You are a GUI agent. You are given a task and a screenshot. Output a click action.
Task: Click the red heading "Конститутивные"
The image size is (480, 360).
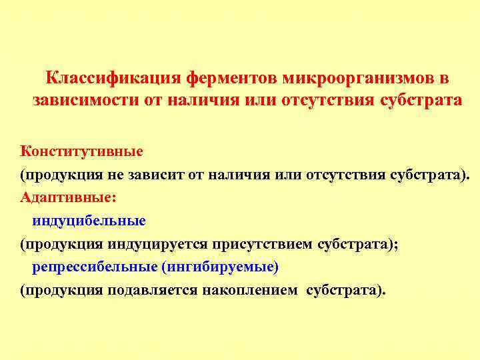(x=81, y=151)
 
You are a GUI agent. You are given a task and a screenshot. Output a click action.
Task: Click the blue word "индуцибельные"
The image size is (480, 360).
(x=89, y=220)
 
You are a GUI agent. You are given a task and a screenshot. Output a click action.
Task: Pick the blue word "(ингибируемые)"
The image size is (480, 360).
(x=219, y=267)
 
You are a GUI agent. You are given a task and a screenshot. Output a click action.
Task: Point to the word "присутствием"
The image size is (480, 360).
(x=263, y=243)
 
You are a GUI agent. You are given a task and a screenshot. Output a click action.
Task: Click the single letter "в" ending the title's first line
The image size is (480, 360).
(x=443, y=79)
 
